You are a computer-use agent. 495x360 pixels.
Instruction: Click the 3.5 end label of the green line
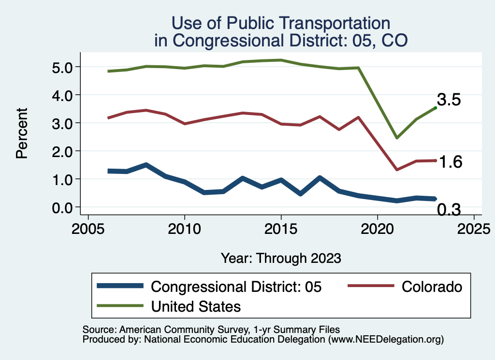[x=449, y=100]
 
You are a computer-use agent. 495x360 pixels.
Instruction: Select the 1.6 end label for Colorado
[x=450, y=162]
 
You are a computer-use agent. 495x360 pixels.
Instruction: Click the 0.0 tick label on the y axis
[x=62, y=207]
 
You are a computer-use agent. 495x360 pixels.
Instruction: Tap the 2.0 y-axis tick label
[x=62, y=151]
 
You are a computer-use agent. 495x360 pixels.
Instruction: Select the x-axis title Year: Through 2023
[x=281, y=258]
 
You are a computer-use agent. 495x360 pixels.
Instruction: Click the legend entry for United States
[x=196, y=306]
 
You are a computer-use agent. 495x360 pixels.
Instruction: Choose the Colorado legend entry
[x=432, y=287]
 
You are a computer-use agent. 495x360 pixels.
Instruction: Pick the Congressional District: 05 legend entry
[x=236, y=287]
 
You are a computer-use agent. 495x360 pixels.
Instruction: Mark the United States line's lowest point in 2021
[x=396, y=138]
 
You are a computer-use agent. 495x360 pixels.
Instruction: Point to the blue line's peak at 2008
[x=146, y=165]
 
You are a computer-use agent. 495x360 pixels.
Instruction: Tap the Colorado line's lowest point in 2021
[x=396, y=170]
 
